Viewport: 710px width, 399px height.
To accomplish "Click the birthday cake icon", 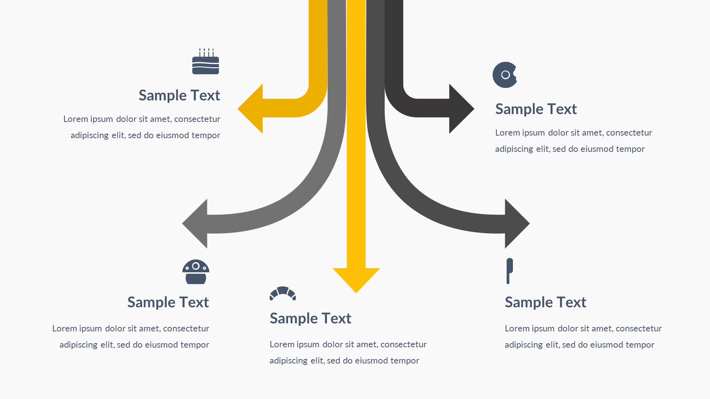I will pyautogui.click(x=206, y=62).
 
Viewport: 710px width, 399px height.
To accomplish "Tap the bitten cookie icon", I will pyautogui.click(x=505, y=75).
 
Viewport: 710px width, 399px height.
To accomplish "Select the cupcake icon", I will pyautogui.click(x=196, y=272).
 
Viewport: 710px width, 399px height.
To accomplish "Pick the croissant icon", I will pyautogui.click(x=283, y=293).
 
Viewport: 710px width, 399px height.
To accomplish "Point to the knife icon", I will pyautogui.click(x=510, y=271).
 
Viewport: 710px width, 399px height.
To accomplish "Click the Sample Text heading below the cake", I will pyautogui.click(x=179, y=95).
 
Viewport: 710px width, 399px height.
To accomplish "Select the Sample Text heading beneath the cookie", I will pyautogui.click(x=536, y=109).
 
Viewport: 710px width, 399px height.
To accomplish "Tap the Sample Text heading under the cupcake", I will pyautogui.click(x=168, y=302).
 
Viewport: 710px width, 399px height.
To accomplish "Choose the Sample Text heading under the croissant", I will pyautogui.click(x=310, y=318).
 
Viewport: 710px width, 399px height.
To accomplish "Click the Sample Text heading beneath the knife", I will pyautogui.click(x=545, y=302).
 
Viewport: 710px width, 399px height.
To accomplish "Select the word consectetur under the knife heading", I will pyautogui.click(x=639, y=328).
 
